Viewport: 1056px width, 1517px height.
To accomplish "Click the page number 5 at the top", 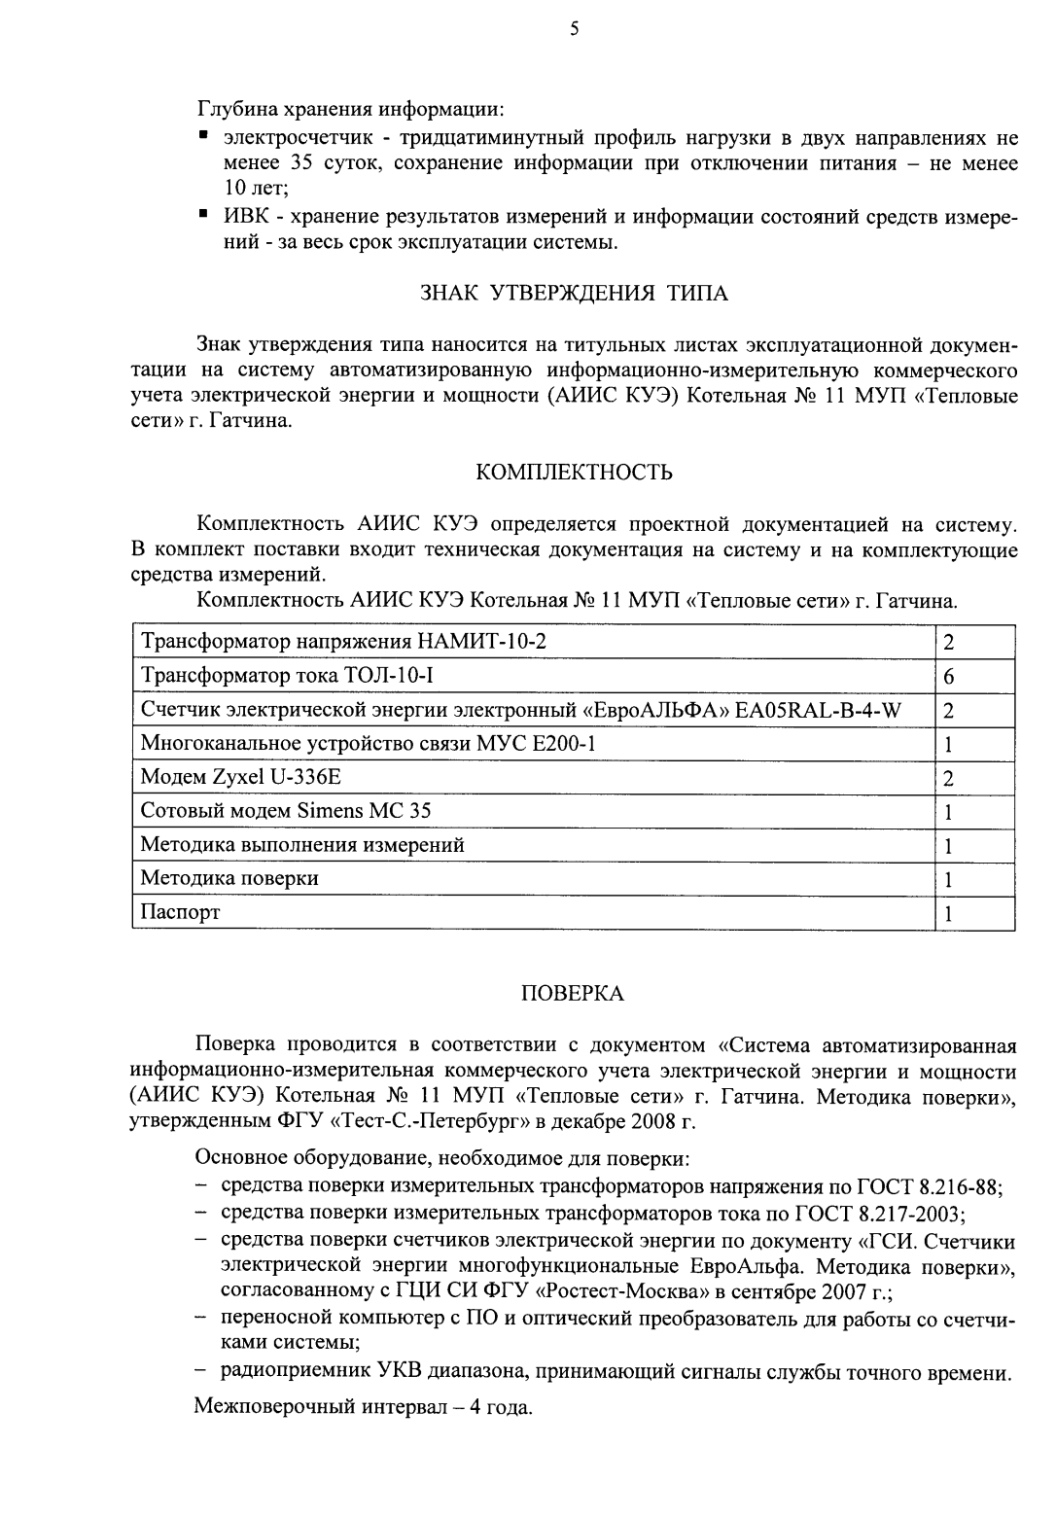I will [x=574, y=30].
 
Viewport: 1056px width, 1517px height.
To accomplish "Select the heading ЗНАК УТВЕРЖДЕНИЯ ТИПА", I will [x=574, y=293].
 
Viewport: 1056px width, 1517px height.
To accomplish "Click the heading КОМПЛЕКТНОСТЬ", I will [x=574, y=474].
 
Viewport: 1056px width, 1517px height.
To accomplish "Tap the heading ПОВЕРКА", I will [x=574, y=994].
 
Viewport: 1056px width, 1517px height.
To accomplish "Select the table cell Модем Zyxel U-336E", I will [x=242, y=777].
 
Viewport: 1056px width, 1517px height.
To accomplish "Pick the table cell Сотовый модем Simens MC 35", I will [x=286, y=811].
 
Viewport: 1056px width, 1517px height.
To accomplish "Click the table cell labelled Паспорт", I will [x=181, y=912].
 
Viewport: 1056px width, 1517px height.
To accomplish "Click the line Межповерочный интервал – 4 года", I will [x=364, y=1408].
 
